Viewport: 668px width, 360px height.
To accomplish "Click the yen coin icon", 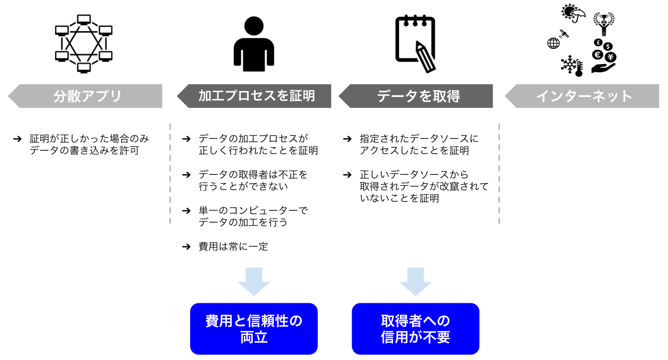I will (x=610, y=57).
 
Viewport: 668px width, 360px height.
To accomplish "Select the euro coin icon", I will (x=599, y=54).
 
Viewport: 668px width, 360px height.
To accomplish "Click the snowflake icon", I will (x=570, y=65).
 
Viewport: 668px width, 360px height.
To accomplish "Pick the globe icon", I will (x=553, y=43).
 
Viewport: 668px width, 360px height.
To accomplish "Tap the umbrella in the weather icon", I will (x=579, y=12).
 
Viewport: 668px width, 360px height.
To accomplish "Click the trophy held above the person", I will (x=603, y=18).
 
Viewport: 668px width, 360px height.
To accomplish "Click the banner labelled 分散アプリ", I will (x=86, y=96).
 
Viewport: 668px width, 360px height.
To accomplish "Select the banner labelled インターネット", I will (x=583, y=96).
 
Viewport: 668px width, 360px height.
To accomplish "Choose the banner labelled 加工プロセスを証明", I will (x=256, y=96).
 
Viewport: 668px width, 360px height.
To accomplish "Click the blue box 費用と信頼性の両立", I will (x=254, y=329).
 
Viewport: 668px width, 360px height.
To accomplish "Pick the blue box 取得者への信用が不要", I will (x=415, y=329).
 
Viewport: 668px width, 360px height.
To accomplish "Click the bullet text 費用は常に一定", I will (x=233, y=247).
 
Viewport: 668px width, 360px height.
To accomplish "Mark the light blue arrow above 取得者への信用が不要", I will (x=415, y=281).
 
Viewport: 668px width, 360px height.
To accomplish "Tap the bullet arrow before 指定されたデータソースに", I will (x=348, y=139).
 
